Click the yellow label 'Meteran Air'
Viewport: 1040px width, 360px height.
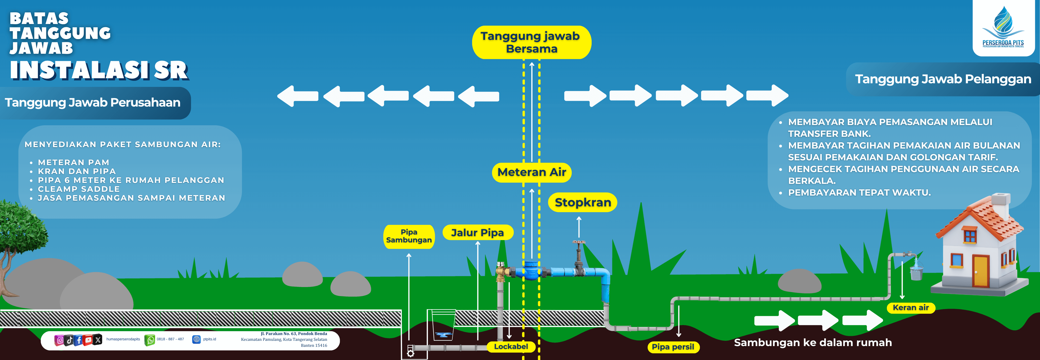532,172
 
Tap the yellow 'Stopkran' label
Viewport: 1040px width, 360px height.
583,202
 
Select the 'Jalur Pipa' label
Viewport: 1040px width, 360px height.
478,233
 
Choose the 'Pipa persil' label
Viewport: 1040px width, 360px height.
673,347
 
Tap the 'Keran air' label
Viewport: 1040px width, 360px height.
911,307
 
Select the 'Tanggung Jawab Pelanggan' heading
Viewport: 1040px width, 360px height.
943,79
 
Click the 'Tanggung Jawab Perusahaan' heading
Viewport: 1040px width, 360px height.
93,102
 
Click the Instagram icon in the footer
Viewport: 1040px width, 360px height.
60,340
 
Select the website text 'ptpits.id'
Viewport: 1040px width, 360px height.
210,339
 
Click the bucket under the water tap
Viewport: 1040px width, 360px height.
916,273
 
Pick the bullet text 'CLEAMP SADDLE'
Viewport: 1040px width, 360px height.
79,189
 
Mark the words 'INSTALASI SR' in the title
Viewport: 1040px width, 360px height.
99,70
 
